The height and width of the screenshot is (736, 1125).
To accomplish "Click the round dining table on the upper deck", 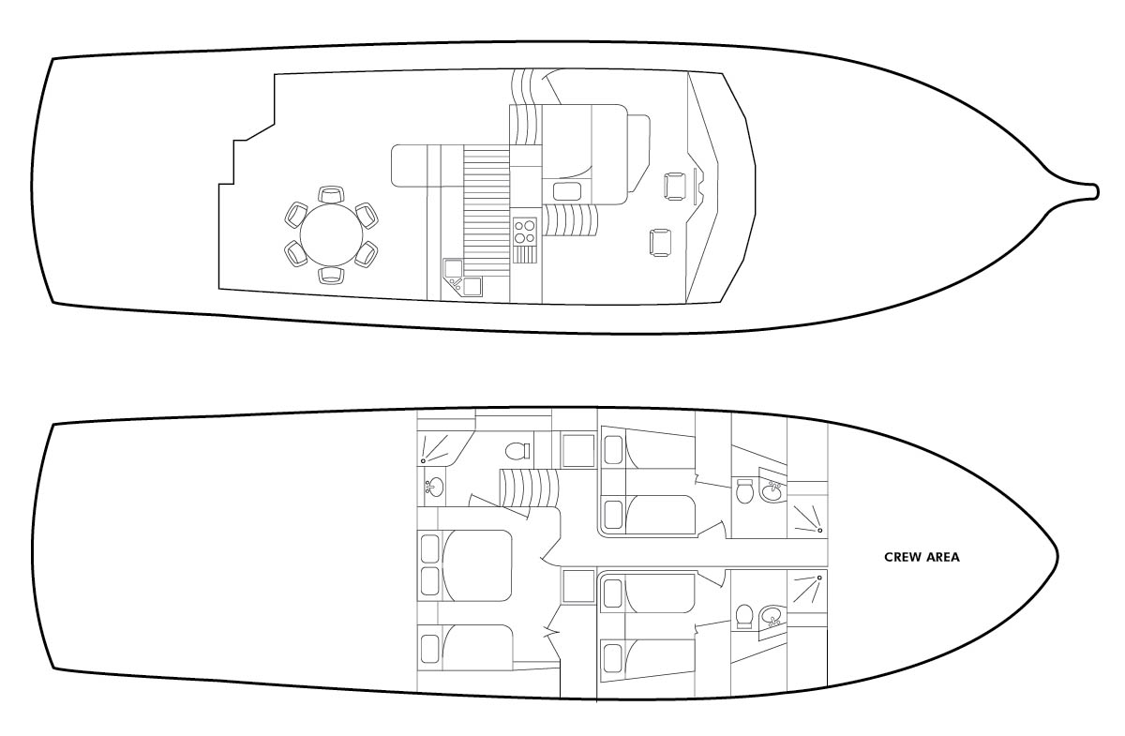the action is tap(331, 234).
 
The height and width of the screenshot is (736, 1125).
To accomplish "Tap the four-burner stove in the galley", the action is tap(525, 231).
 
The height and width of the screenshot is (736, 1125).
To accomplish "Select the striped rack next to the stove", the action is tap(525, 254).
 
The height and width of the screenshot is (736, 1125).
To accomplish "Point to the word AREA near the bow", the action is tap(944, 557).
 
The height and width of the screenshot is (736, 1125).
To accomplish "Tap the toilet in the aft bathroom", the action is tap(517, 451).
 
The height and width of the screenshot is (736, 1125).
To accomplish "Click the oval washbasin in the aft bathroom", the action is tap(434, 487).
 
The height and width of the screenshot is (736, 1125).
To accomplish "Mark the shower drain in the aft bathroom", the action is tap(424, 460).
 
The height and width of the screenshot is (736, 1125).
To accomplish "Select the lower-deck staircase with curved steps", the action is tap(529, 488).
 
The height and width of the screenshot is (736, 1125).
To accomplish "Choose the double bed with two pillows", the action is tap(465, 565).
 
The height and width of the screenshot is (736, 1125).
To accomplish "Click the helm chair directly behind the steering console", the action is tap(674, 186).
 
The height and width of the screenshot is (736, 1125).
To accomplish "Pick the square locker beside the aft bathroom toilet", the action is tap(578, 450).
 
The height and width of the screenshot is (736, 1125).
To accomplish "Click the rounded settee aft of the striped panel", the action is tap(410, 166).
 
